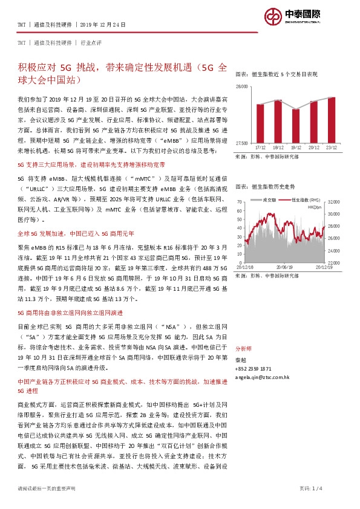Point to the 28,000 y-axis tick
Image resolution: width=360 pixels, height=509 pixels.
point(242,87)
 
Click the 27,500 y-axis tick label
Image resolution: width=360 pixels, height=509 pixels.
point(242,143)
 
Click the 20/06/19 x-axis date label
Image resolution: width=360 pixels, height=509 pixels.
point(285,267)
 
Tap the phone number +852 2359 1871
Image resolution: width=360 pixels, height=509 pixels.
point(254,368)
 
